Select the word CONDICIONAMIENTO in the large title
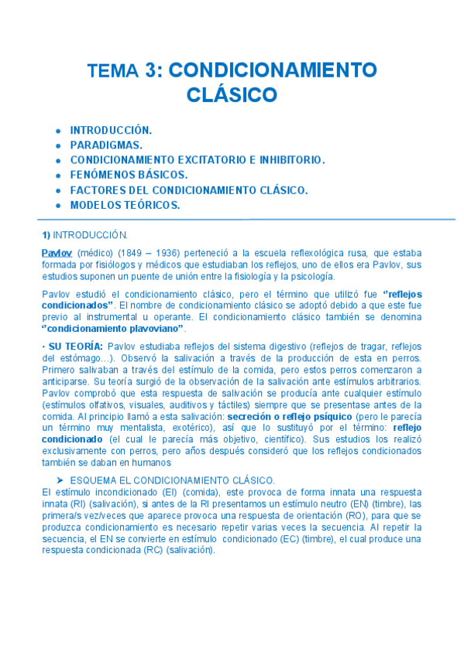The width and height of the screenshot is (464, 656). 273,71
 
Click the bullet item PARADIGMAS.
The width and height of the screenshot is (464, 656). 106,145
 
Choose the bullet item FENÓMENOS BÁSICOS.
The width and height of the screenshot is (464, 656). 129,175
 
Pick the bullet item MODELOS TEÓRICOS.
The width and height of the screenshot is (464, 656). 125,205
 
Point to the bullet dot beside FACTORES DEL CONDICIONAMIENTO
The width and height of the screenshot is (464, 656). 58,190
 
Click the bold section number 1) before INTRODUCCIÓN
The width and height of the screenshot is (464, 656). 46,234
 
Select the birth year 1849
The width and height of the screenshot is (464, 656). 130,253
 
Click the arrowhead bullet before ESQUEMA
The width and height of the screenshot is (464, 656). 60,480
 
